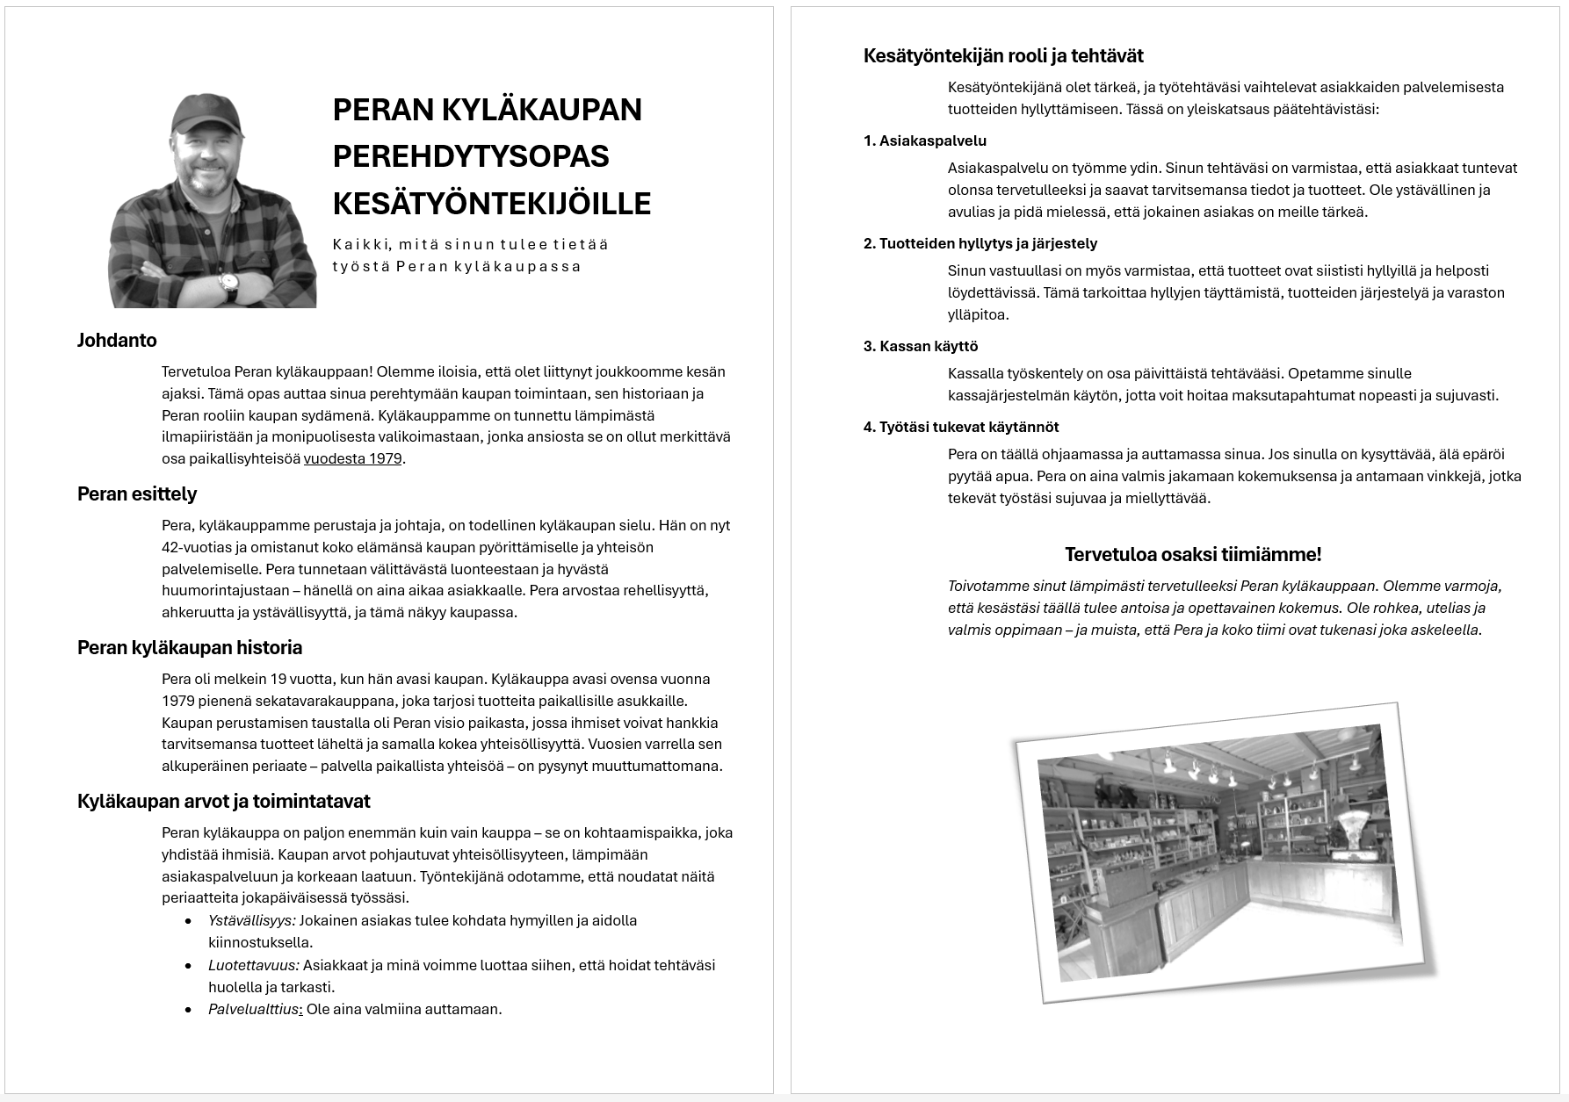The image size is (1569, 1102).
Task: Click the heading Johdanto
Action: [117, 340]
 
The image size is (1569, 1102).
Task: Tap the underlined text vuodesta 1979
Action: [352, 458]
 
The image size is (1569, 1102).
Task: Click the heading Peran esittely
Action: [137, 493]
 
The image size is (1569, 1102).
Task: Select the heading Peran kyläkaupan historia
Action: [190, 647]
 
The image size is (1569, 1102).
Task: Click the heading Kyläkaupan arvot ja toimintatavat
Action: [223, 801]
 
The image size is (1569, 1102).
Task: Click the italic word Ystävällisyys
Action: [251, 920]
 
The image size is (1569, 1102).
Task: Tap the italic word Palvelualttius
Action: [254, 1009]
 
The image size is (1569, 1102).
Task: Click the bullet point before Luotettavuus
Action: [188, 965]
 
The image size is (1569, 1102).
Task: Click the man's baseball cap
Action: [206, 112]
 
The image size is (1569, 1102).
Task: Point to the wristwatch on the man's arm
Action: [228, 283]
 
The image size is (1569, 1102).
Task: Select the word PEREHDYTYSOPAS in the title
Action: [471, 156]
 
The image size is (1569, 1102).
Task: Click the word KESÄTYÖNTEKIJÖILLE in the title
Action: [492, 203]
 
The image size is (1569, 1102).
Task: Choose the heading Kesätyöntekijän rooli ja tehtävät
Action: [1003, 55]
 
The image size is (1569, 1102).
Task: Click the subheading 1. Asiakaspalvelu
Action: [925, 140]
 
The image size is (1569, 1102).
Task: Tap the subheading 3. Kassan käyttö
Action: [921, 346]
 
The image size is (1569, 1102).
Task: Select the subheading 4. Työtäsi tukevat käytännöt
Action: [961, 427]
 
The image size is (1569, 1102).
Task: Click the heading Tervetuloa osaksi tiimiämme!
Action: [1193, 554]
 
